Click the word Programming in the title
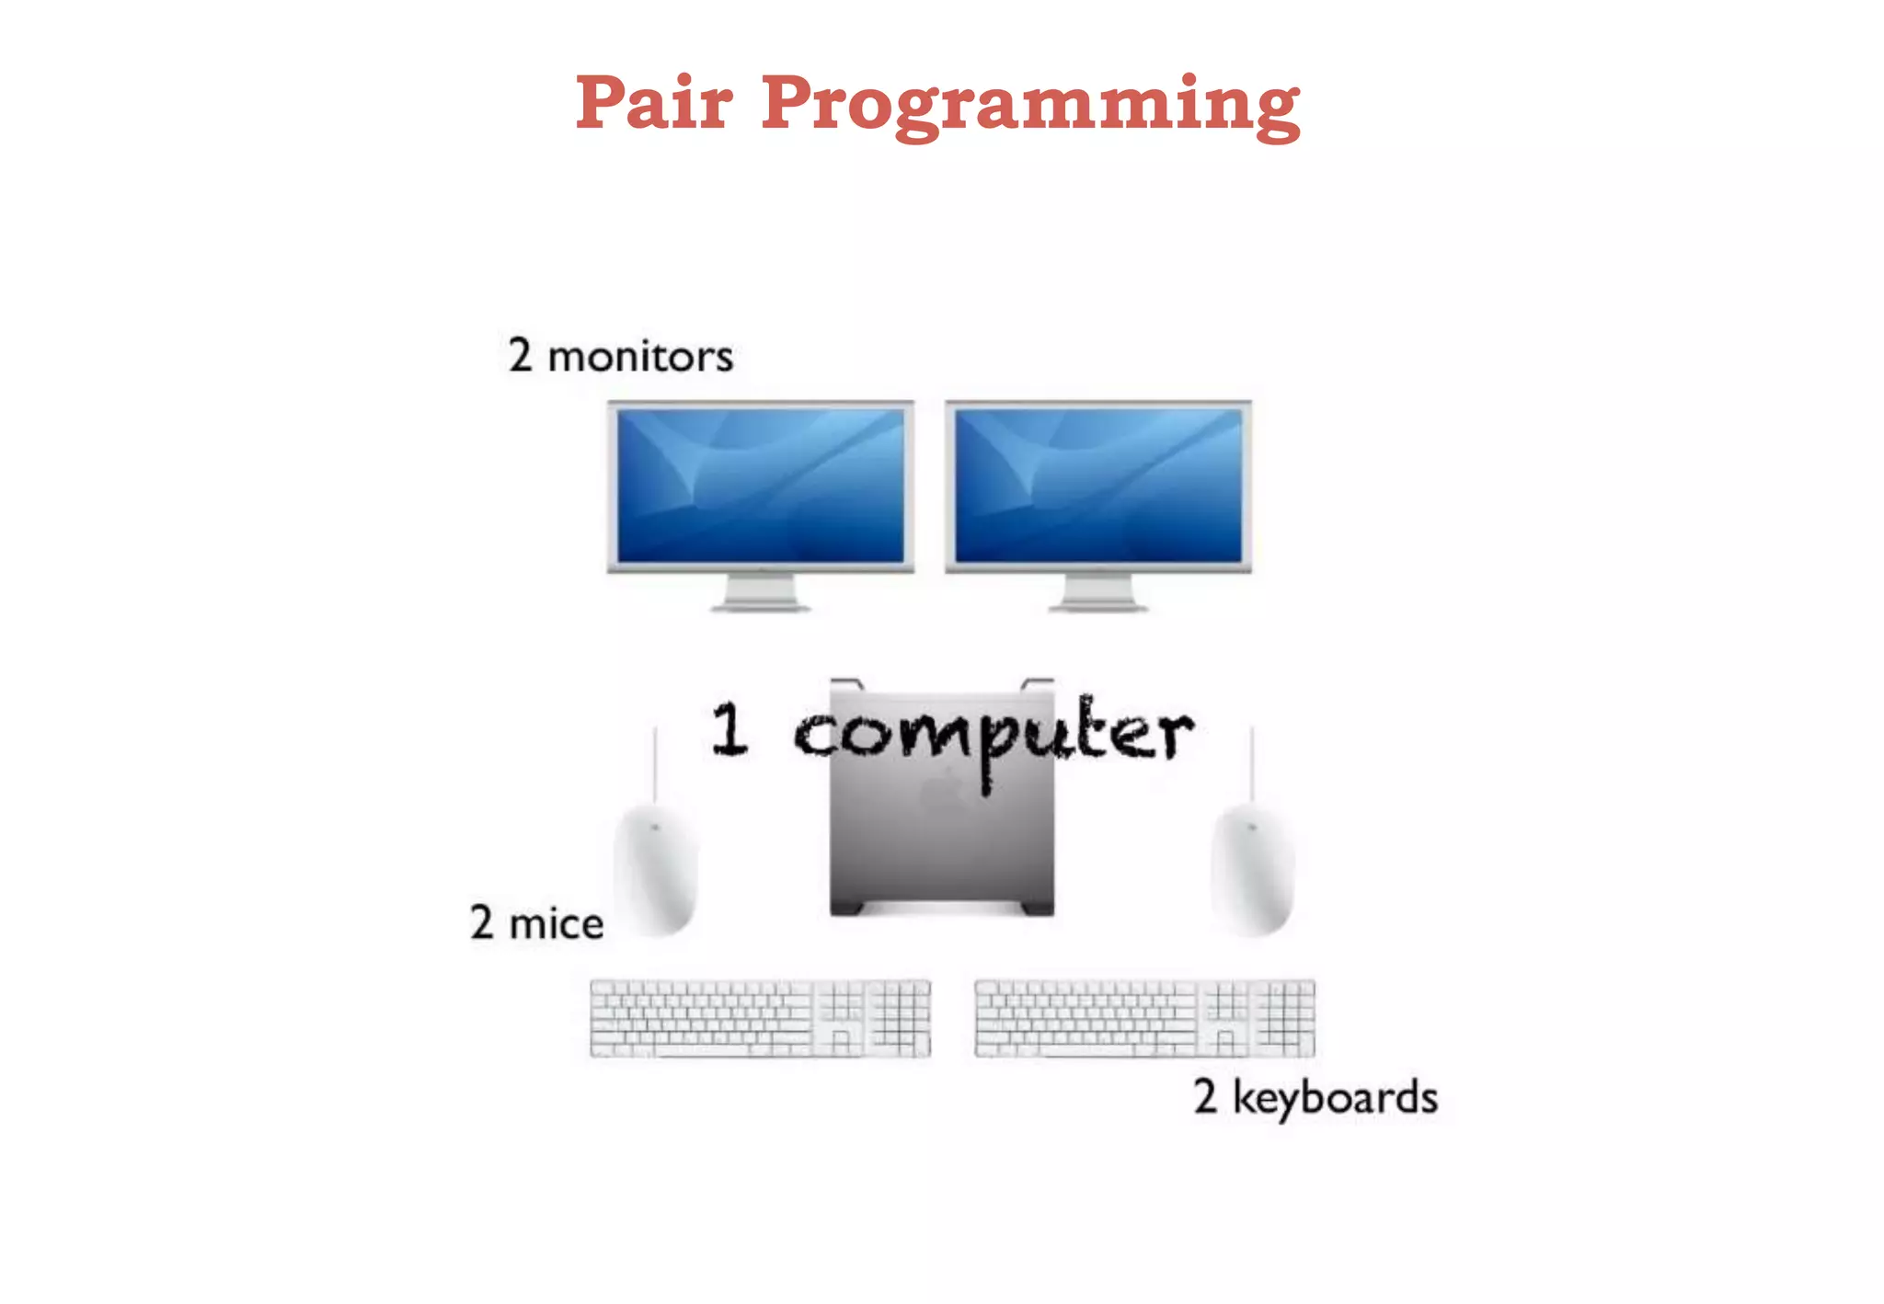1030,106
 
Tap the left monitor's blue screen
760,485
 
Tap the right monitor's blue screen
1098,485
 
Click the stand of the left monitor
760,593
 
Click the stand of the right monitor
1098,593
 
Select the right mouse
1252,869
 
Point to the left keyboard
760,1018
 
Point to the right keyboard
1144,1018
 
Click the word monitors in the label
640,357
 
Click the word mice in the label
557,923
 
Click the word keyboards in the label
1335,1098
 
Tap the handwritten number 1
729,729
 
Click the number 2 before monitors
521,355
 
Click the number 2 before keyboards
1205,1096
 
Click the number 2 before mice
482,922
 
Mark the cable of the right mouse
1251,763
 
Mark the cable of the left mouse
655,763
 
